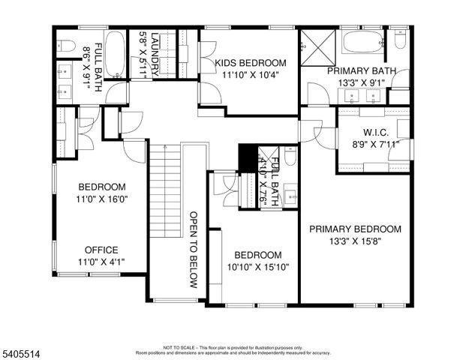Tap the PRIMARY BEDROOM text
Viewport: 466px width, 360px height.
tap(356, 229)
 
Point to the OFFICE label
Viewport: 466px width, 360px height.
tap(101, 250)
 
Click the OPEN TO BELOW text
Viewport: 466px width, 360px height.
tap(193, 249)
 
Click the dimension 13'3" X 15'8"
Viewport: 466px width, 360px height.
tap(356, 241)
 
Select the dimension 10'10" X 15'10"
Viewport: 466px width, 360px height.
tap(257, 267)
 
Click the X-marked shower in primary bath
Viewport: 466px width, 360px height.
tap(318, 49)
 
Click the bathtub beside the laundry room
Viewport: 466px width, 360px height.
tap(115, 55)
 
